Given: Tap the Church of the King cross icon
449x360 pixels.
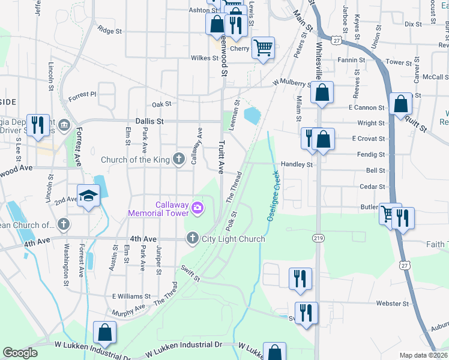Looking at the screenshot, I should (178, 160).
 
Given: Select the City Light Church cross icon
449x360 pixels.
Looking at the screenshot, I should (193, 239).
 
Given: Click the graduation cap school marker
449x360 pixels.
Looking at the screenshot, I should (88, 196).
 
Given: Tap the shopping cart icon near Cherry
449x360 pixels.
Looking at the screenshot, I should (263, 47).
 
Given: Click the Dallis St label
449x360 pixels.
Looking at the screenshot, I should (149, 121).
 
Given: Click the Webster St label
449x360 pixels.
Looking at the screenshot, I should (393, 304).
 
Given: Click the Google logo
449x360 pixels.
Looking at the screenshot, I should (20, 353).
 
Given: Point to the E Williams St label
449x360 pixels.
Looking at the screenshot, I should (131, 296).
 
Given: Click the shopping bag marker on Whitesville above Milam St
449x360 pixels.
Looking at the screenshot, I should (322, 92).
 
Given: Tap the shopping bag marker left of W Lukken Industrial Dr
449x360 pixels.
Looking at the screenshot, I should (104, 333).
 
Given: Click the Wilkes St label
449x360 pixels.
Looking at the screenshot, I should (204, 58).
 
